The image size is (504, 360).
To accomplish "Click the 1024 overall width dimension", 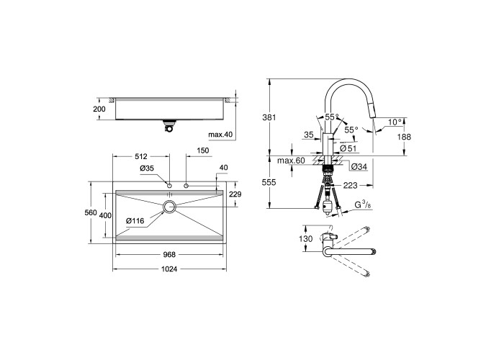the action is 169,269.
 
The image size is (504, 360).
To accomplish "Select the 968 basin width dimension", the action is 169,255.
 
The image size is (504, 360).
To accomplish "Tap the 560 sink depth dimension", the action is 91,212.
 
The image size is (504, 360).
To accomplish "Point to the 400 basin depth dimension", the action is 105,216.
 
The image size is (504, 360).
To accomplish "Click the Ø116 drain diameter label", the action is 135,221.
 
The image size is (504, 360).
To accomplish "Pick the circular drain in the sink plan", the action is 169,207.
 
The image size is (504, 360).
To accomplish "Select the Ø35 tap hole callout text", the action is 147,168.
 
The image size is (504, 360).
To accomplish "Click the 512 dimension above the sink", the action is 141,156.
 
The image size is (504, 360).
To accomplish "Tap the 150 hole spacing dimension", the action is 203,150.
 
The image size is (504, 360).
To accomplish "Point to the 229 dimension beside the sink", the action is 235,194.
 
